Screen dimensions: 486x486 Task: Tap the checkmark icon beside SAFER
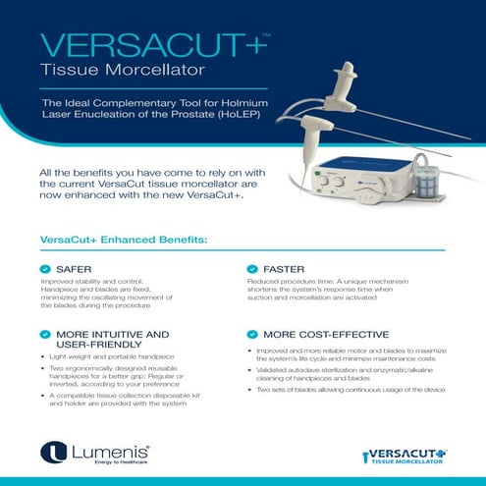pos(45,268)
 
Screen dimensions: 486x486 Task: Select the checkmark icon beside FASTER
pos(253,268)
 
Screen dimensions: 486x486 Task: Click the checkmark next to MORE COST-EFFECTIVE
pos(253,334)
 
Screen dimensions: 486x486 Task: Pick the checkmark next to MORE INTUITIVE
pos(45,334)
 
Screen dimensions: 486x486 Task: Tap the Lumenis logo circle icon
pos(51,453)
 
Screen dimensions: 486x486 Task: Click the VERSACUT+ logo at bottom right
pos(405,454)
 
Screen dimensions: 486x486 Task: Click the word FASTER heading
pos(285,268)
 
